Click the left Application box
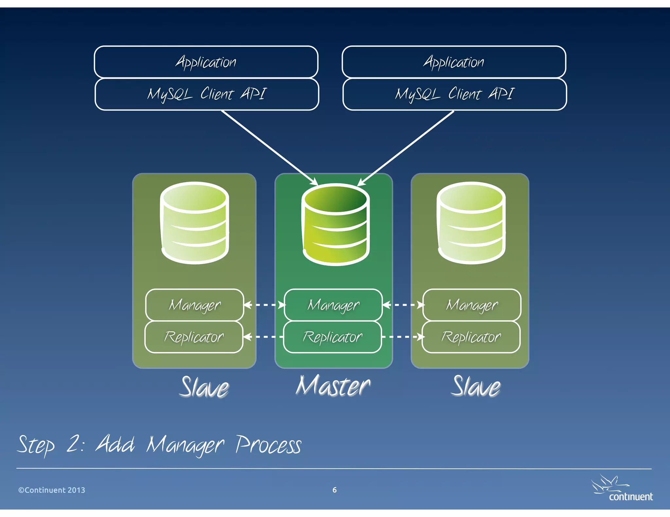206,62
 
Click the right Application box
454,62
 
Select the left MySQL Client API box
207,94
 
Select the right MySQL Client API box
455,94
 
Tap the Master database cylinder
336,225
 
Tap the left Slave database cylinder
195,223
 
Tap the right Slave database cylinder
471,223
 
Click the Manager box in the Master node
333,305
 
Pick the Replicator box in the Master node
332,337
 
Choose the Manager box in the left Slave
195,305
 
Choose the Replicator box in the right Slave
471,337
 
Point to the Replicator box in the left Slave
194,337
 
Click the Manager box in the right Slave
472,305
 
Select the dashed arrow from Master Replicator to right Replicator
402,337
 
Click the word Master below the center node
333,386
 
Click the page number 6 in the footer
334,490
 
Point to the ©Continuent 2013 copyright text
52,490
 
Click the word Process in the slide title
268,445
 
